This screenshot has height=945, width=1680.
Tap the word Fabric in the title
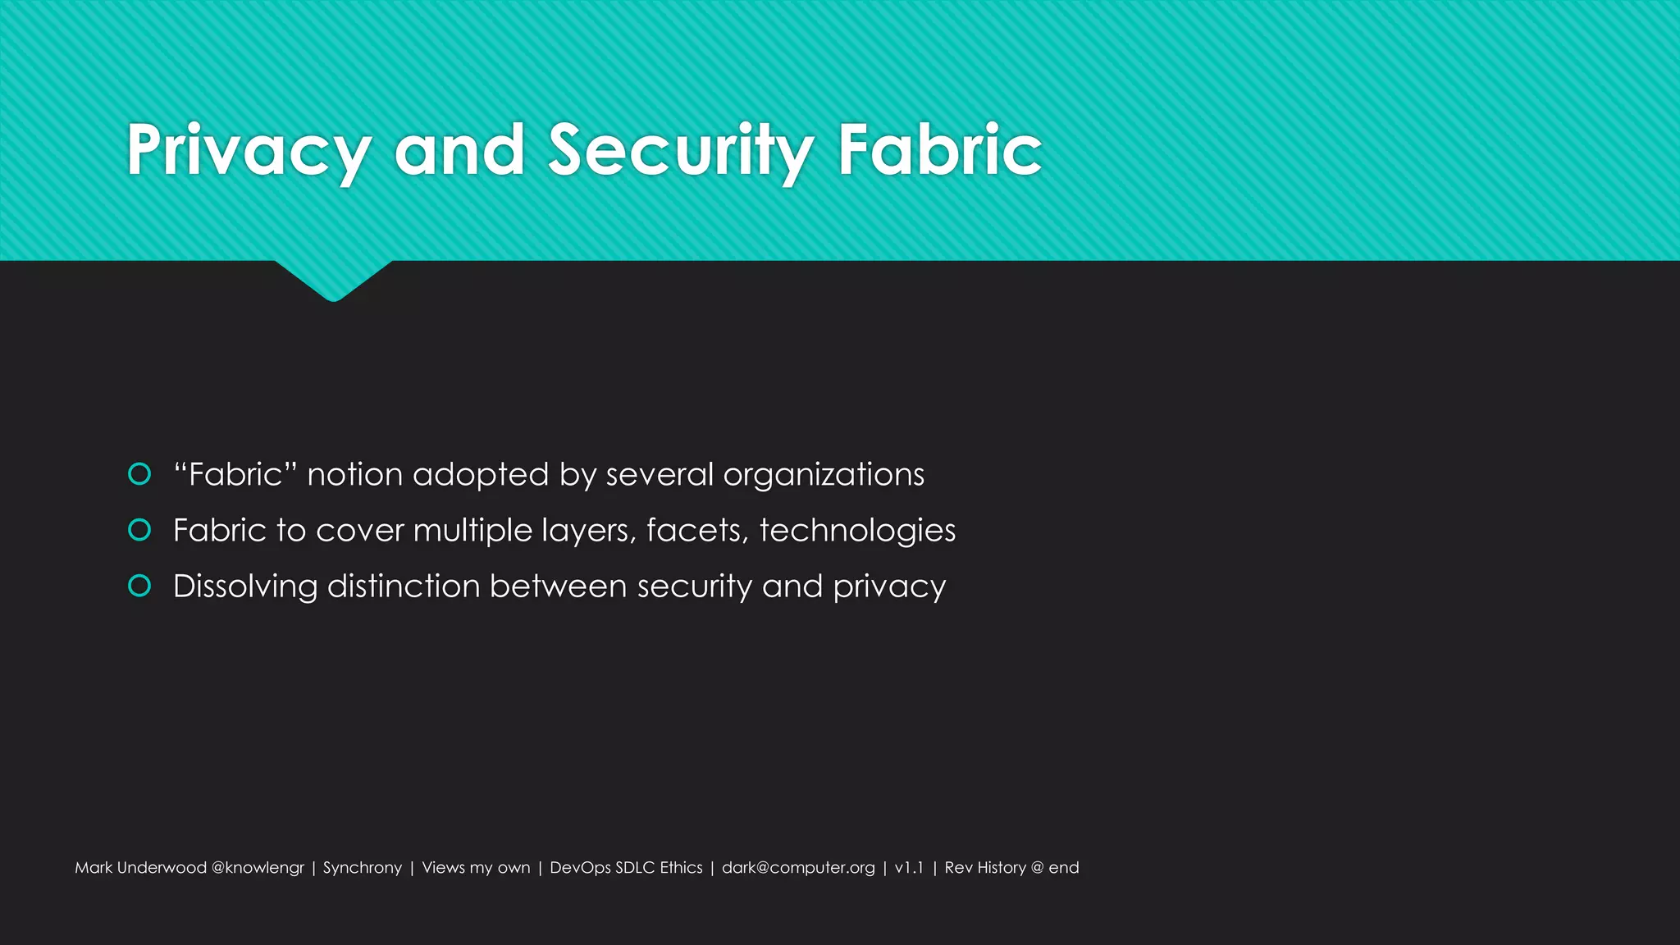point(939,150)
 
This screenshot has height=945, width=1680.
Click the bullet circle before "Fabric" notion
point(139,474)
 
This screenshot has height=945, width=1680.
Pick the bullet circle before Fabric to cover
point(139,530)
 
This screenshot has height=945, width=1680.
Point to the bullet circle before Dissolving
point(139,586)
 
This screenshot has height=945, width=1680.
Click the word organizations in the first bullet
point(824,475)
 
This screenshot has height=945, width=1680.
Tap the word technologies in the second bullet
point(857,531)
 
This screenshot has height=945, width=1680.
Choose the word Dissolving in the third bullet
point(245,587)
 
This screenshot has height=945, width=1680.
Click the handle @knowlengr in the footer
point(258,868)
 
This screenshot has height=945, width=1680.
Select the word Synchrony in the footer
point(363,868)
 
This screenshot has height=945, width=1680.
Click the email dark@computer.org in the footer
point(798,868)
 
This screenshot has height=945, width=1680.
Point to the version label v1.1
point(909,868)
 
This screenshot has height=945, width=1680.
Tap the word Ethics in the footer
point(681,868)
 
